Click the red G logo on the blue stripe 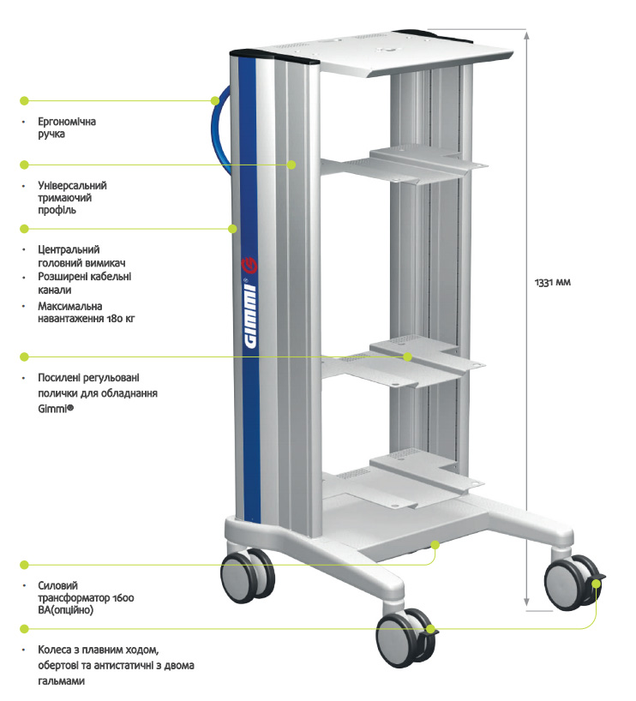pyautogui.click(x=249, y=266)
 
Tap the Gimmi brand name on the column pyautogui.click(x=250, y=315)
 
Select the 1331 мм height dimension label pyautogui.click(x=553, y=283)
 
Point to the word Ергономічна pyautogui.click(x=67, y=122)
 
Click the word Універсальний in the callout pyautogui.click(x=72, y=185)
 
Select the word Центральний pyautogui.click(x=69, y=249)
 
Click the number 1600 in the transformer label pyautogui.click(x=123, y=598)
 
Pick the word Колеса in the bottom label pyautogui.click(x=53, y=650)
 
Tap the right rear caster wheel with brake pyautogui.click(x=573, y=583)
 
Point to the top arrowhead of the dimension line pyautogui.click(x=527, y=34)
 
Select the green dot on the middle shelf pyautogui.click(x=407, y=356)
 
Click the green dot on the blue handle pyautogui.click(x=215, y=100)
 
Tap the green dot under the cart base pyautogui.click(x=435, y=544)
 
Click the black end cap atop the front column pyautogui.click(x=273, y=57)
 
